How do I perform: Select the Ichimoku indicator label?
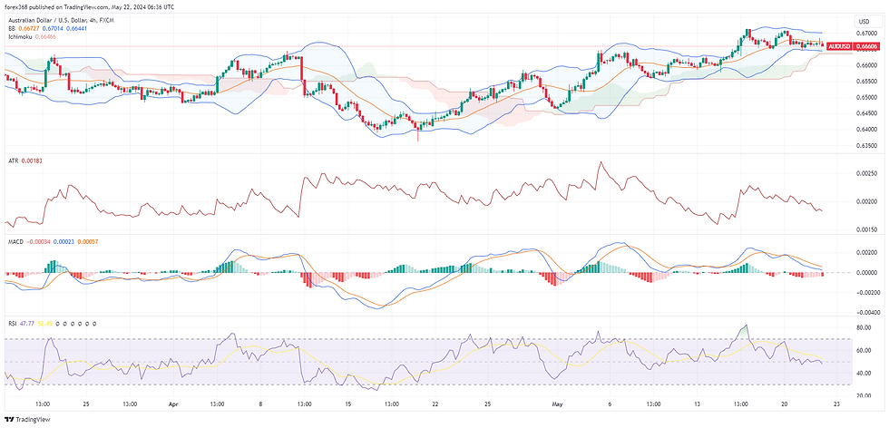point(21,36)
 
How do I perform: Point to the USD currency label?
point(864,21)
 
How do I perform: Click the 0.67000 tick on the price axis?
point(867,33)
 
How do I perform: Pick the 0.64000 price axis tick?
point(867,129)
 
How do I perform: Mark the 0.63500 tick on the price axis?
point(867,144)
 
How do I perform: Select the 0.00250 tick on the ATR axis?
point(867,172)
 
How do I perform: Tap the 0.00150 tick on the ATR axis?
point(867,229)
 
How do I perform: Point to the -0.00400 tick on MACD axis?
point(866,310)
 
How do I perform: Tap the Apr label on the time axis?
point(171,404)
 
